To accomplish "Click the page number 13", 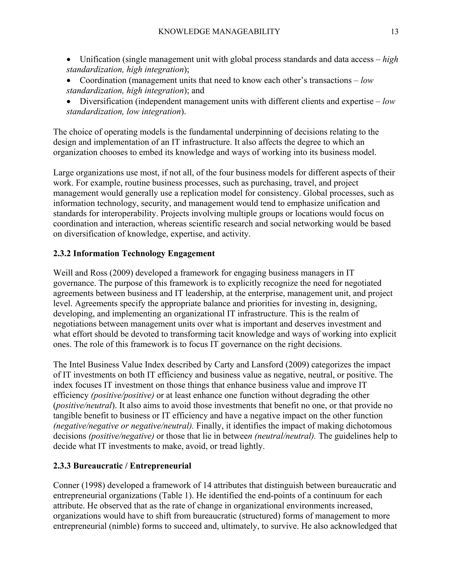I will click(394, 32).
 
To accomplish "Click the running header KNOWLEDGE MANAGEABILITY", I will click(219, 32).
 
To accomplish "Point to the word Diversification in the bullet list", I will click(106, 101).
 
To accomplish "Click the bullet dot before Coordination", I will click(69, 81).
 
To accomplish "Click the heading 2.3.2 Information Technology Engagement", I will click(134, 253).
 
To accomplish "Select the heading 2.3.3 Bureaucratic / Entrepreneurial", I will click(122, 466).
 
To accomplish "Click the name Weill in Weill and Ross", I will click(62, 273).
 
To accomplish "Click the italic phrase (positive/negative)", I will click(121, 436).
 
